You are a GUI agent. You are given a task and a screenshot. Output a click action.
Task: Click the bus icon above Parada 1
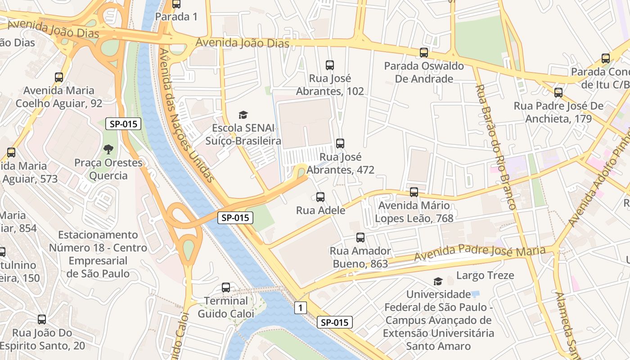pos(176,4)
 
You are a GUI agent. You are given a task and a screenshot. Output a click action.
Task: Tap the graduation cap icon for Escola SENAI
pos(243,115)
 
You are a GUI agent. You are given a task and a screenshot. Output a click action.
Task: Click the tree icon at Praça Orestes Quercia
pos(108,149)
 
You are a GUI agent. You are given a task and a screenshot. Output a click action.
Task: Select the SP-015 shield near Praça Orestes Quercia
pos(123,124)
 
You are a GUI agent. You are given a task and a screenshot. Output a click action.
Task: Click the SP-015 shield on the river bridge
pos(235,218)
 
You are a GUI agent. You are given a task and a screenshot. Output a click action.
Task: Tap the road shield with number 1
pos(301,308)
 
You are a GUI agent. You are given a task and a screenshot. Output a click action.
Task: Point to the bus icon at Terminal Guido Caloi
pos(226,288)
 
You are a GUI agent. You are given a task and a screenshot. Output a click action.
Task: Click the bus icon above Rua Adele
pos(320,197)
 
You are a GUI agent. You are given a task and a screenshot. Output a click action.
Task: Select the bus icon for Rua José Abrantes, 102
pos(330,65)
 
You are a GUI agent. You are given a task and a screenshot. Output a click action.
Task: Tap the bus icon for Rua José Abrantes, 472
pos(340,144)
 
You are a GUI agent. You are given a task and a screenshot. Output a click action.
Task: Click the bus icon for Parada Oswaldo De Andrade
pos(423,53)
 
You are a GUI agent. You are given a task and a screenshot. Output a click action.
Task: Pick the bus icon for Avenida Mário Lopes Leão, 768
pos(414,192)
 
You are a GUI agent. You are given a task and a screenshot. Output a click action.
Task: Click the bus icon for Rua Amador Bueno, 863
pos(360,238)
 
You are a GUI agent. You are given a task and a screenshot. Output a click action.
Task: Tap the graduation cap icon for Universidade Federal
pos(437,281)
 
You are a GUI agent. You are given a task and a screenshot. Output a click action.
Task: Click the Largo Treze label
pos(485,275)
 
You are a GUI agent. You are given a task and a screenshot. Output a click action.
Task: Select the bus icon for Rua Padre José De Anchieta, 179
pos(558,93)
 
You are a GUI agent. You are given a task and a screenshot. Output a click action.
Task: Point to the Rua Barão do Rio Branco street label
pos(495,146)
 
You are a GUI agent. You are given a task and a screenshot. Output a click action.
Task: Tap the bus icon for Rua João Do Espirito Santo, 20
pos(42,319)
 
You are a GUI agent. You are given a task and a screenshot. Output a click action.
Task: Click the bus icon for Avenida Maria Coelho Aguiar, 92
pos(59,77)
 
